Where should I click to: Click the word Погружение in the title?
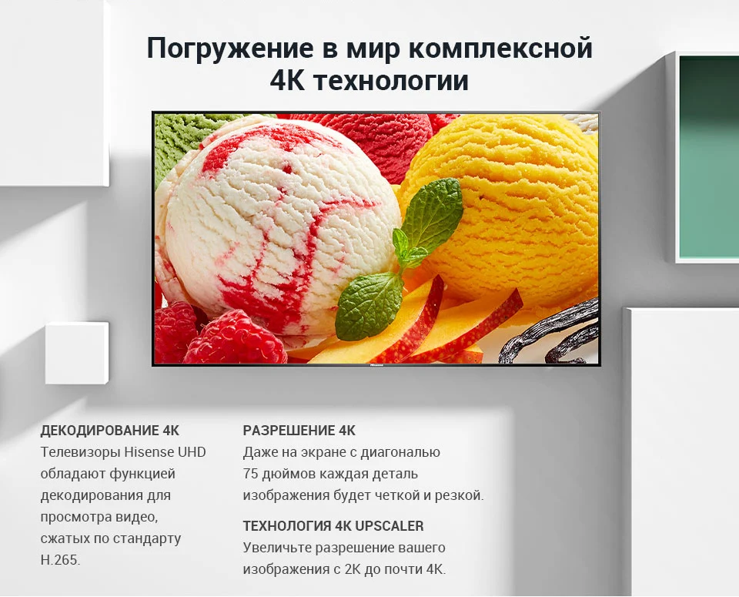pos(230,48)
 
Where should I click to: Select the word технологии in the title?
pos(391,80)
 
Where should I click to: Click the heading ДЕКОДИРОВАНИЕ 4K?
pos(110,430)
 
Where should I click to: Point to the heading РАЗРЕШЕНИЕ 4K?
pos(299,430)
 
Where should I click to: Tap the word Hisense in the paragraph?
pos(149,451)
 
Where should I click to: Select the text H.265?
pos(60,560)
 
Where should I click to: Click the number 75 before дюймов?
pos(250,474)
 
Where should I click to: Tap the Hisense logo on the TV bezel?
pos(376,364)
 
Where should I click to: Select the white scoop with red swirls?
pos(278,222)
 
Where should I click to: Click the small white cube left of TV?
pos(77,353)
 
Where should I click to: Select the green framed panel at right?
pos(707,156)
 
